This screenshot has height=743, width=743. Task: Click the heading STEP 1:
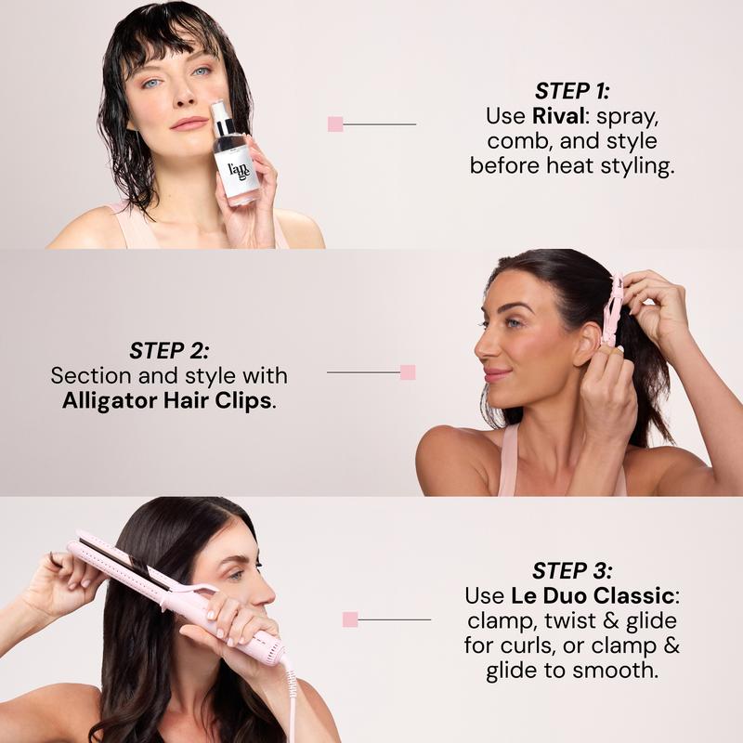(x=572, y=91)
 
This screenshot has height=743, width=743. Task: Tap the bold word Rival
(x=558, y=116)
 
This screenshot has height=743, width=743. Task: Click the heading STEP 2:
(x=169, y=351)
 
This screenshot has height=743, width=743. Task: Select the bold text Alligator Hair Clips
(x=167, y=400)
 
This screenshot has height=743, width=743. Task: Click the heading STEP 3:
(x=572, y=570)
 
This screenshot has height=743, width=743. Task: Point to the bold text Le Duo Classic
(x=593, y=595)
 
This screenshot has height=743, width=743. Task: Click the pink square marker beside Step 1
(x=335, y=124)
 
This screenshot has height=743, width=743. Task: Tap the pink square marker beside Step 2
(x=408, y=372)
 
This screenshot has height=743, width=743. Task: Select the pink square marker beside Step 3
(x=350, y=619)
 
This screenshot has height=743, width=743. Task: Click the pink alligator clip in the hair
(x=611, y=309)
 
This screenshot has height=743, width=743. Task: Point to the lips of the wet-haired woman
(x=189, y=124)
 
